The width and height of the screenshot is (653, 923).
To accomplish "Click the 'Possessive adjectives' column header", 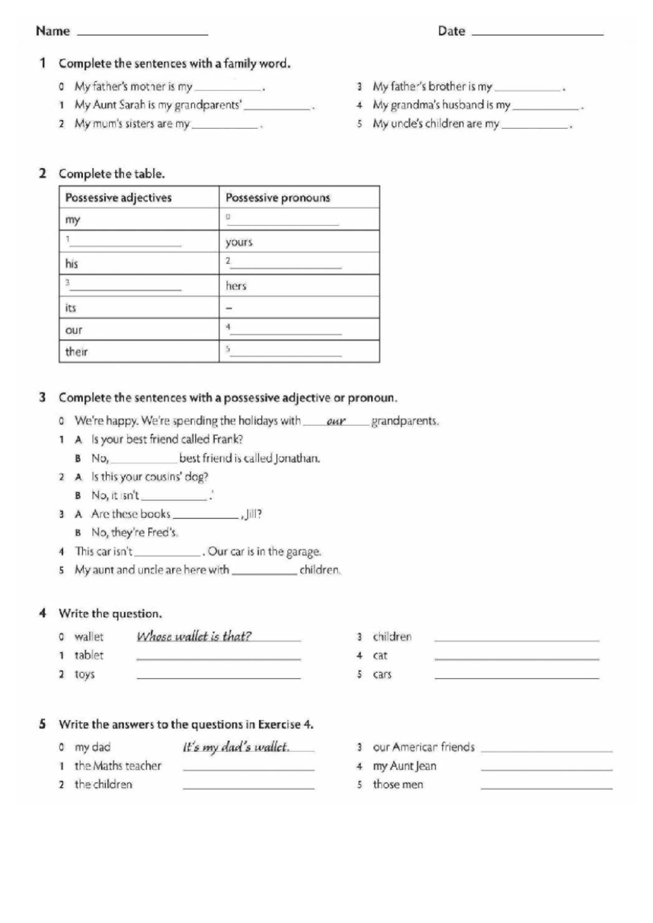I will click(119, 198).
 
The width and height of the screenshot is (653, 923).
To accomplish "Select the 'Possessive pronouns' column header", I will click(278, 198).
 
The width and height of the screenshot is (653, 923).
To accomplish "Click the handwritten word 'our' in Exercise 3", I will click(336, 421).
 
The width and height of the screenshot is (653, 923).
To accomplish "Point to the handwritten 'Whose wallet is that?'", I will click(194, 636).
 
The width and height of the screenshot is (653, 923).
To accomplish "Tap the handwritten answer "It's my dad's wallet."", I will click(236, 747).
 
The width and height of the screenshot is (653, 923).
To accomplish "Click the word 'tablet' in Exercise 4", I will click(89, 655).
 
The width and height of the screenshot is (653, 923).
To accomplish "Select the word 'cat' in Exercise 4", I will click(380, 656).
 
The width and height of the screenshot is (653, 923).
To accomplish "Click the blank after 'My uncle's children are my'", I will click(534, 126).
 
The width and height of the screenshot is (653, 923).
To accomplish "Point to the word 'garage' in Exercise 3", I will click(304, 551).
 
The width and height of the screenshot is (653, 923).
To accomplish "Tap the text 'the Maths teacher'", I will click(118, 766).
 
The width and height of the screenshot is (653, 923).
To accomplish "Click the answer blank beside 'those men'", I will click(546, 786).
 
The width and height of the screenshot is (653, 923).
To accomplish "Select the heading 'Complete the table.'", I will click(112, 174).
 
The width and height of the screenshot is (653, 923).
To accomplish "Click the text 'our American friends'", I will click(423, 747).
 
